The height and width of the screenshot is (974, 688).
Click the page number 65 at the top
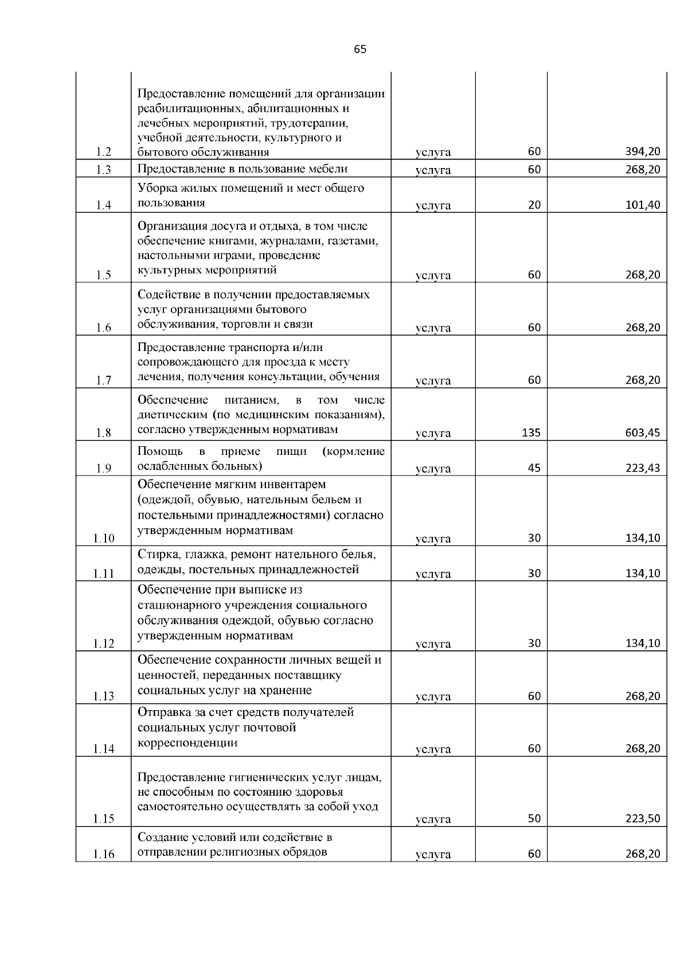(x=360, y=49)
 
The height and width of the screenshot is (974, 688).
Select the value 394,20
(x=642, y=152)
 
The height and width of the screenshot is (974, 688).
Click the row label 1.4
(x=104, y=205)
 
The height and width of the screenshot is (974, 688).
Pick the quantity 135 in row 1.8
(x=531, y=433)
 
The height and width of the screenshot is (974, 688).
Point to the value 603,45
(x=642, y=433)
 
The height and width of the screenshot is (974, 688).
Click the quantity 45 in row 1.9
(x=534, y=467)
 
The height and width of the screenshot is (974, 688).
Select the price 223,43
(x=642, y=467)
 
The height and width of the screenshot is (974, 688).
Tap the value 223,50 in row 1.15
(x=642, y=819)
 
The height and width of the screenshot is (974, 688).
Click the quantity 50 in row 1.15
(x=534, y=819)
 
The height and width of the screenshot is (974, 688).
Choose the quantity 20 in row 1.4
(x=534, y=205)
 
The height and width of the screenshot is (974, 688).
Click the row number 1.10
(x=104, y=538)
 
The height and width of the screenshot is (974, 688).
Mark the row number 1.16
(x=104, y=854)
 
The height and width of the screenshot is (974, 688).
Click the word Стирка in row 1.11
(x=155, y=555)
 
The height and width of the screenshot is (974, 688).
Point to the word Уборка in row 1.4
(x=157, y=188)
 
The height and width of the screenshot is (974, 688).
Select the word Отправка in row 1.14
(x=162, y=712)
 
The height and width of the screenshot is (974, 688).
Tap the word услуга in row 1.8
(x=433, y=434)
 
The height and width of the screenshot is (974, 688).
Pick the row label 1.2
(x=104, y=152)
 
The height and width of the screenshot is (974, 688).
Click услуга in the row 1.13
(x=433, y=697)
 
